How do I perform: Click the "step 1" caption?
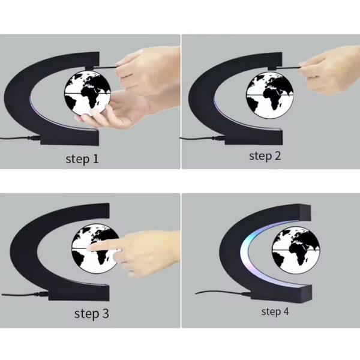[x=82, y=159]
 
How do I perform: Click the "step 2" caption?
[x=265, y=156]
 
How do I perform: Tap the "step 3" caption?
[x=91, y=314]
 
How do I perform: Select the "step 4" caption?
[x=275, y=311]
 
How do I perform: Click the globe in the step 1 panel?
[x=88, y=93]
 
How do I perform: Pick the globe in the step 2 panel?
[x=269, y=95]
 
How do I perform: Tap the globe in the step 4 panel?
[x=296, y=250]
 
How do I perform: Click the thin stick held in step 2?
[x=289, y=67]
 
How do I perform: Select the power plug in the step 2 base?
[x=218, y=138]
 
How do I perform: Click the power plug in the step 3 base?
[x=42, y=294]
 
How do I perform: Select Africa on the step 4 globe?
[x=298, y=254]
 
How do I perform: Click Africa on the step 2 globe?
[x=272, y=99]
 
